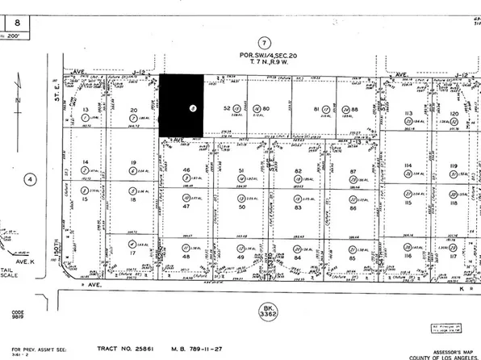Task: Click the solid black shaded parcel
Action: [x=181, y=105]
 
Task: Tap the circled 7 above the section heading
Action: [x=262, y=42]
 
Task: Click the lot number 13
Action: [x=85, y=108]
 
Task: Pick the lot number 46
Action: [x=186, y=171]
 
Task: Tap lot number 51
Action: [x=241, y=171]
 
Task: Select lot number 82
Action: [x=298, y=171]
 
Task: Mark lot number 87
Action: [x=353, y=171]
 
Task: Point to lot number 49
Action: [x=241, y=257]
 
